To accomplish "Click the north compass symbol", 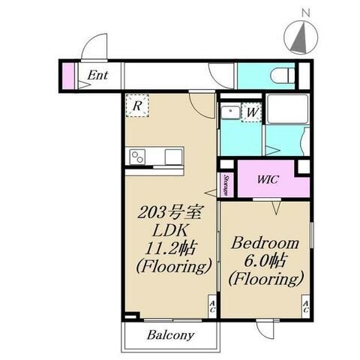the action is [301, 37].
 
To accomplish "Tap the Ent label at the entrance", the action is [97, 75].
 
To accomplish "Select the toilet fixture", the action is [283, 75].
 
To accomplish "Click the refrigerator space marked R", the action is [137, 106].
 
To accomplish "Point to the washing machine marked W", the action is [252, 112].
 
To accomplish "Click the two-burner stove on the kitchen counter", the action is [137, 157].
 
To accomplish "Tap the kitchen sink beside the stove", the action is [173, 157].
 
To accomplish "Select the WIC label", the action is [268, 179].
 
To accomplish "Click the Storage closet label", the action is [226, 185].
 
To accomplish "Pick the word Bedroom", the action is [265, 243].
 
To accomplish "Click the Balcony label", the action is [170, 335].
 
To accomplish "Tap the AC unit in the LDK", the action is [212, 307].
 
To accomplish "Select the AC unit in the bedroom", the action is [306, 307].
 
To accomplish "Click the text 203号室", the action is [169, 213].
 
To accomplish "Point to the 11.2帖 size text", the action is [170, 249].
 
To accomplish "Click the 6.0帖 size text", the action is [265, 261].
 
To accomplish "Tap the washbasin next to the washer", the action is [230, 112].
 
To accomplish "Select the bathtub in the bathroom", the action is [287, 109].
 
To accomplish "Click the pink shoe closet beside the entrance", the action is [68, 76].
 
